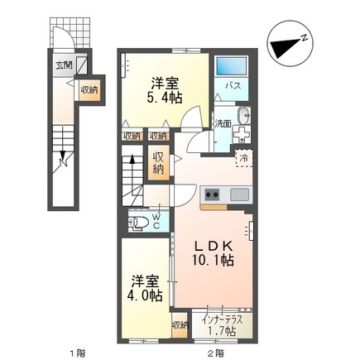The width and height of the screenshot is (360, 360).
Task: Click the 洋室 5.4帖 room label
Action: [x=163, y=89]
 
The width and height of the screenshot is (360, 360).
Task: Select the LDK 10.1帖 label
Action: [x=214, y=252]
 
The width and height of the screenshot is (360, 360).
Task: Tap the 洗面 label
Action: [x=223, y=123]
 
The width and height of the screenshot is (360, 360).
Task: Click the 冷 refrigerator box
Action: [x=244, y=156]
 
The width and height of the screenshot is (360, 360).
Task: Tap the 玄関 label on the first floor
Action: [x=64, y=64]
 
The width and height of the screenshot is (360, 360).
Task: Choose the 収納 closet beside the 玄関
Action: [x=90, y=89]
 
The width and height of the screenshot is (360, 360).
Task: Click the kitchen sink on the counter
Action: [x=239, y=194]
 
